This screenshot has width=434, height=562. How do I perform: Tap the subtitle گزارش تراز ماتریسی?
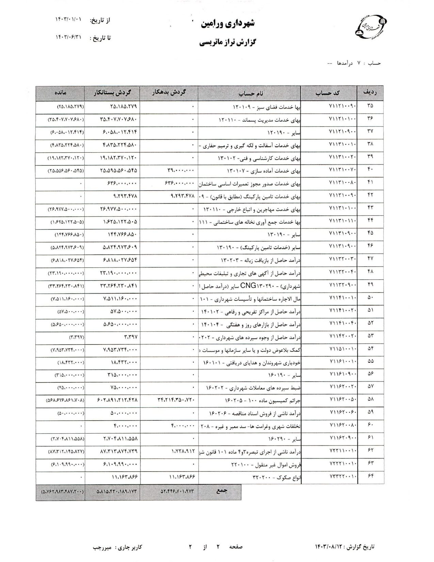[x=227, y=43]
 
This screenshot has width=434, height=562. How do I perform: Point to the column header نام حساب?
[x=250, y=93]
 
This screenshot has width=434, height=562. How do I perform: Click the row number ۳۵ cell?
[x=370, y=106]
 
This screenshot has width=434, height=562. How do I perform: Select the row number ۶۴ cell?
[x=370, y=478]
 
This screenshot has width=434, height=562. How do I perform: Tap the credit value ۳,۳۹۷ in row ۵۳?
[x=129, y=337]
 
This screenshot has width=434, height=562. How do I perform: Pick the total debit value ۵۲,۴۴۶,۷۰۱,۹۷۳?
[x=177, y=491]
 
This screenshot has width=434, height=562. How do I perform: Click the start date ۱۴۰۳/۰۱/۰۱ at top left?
[x=69, y=20]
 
